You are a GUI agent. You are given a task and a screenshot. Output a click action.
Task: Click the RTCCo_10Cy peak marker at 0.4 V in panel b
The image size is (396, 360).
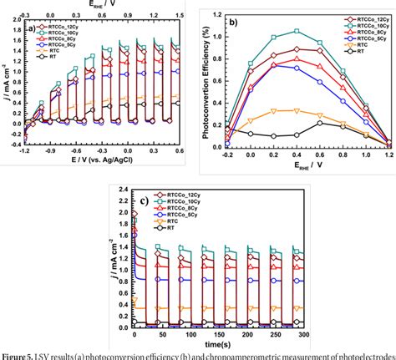tap(297, 32)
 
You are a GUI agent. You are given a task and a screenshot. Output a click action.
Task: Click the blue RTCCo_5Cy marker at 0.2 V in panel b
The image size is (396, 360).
tap(273, 65)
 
